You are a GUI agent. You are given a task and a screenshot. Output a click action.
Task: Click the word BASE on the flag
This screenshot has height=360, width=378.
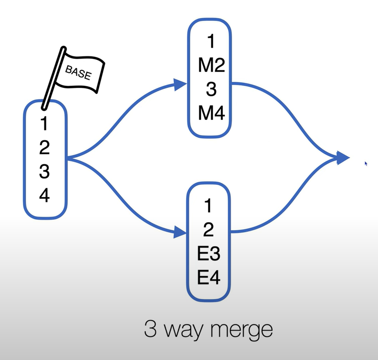pos(78,73)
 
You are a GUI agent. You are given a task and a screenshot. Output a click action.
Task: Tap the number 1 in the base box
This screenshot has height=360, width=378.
pos(44,123)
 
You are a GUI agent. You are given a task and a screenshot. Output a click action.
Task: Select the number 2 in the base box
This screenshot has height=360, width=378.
pos(44,147)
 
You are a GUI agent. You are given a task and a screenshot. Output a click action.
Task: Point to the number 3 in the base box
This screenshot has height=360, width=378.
pos(44,171)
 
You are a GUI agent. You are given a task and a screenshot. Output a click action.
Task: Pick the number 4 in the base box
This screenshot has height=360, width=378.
pos(44,195)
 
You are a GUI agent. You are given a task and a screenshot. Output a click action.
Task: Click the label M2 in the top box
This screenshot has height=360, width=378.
pos(211,66)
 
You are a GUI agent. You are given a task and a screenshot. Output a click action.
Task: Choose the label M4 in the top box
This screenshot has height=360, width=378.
pos(211,114)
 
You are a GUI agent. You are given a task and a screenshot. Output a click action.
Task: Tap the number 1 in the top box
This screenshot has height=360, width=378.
pos(211,42)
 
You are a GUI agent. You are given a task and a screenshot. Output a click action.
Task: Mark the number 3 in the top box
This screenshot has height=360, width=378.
pos(211,90)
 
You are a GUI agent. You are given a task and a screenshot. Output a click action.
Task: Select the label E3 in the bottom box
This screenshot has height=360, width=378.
pos(209,254)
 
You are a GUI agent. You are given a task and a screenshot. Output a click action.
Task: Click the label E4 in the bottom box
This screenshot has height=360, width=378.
pos(209,278)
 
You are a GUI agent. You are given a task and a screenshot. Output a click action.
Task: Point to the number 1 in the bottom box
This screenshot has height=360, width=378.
pos(209,205)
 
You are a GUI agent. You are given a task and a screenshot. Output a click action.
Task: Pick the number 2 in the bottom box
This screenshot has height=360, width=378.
pos(209,230)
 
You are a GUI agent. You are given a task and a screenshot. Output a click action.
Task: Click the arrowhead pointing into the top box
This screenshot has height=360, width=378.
pos(180,84)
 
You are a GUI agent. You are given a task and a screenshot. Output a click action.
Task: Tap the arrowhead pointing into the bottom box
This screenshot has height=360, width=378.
pos(180,232)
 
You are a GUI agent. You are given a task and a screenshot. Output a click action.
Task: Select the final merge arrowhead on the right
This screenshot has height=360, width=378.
pos(343,158)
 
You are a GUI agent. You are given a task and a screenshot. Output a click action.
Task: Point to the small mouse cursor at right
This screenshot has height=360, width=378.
pos(366,163)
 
